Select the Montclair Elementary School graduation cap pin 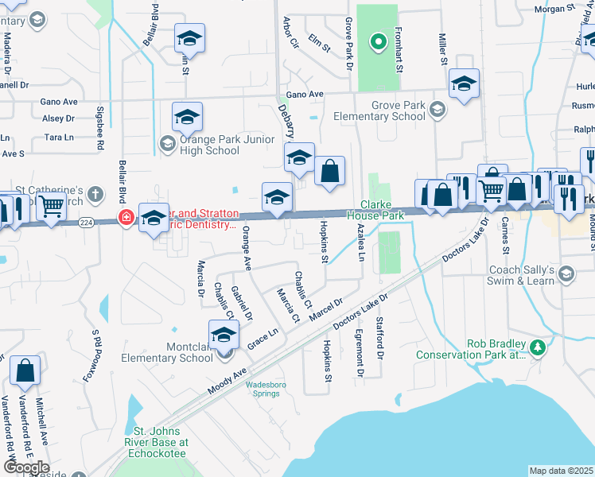224,335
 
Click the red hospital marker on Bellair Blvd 126,217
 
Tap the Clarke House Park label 371,210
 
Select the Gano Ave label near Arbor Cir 305,94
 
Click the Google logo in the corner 26,467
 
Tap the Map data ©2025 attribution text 561,471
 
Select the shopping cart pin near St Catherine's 52,207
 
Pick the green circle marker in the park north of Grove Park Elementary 379,41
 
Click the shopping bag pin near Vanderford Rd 25,371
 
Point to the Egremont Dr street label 360,352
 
